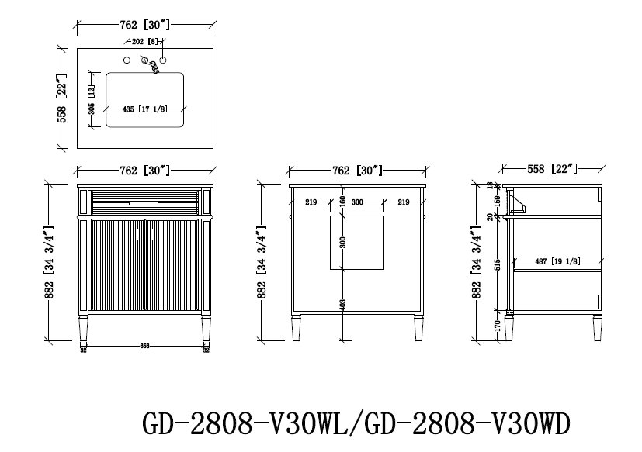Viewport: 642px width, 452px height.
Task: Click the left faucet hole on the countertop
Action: click(125, 58)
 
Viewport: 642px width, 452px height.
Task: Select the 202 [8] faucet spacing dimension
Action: click(144, 42)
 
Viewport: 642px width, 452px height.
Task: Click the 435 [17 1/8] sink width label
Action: click(145, 109)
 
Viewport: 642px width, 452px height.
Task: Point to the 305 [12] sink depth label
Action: click(92, 100)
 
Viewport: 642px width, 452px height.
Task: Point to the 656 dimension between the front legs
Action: click(144, 347)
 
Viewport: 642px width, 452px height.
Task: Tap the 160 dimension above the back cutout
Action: click(342, 201)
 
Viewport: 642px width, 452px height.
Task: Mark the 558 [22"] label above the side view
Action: click(552, 168)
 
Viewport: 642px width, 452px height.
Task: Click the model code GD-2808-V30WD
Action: click(474, 424)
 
